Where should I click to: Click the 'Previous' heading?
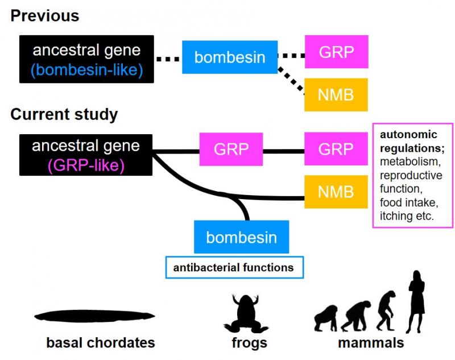(45, 16)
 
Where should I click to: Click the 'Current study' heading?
(64, 114)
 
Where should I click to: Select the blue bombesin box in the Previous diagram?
(230, 57)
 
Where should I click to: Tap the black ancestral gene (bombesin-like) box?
(86, 59)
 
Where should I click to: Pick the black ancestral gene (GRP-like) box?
(86, 155)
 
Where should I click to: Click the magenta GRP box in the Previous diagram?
(336, 52)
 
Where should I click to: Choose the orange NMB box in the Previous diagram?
(336, 95)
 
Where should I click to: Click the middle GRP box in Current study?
(231, 150)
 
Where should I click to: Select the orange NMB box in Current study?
(336, 192)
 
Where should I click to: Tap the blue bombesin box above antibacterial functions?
(241, 237)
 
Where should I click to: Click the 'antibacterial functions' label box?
(234, 267)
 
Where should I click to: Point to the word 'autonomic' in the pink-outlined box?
(408, 135)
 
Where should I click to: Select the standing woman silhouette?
(416, 302)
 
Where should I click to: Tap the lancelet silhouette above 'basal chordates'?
(94, 316)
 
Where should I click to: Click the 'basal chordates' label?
(101, 342)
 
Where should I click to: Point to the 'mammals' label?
(371, 342)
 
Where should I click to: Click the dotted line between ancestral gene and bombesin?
(168, 59)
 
